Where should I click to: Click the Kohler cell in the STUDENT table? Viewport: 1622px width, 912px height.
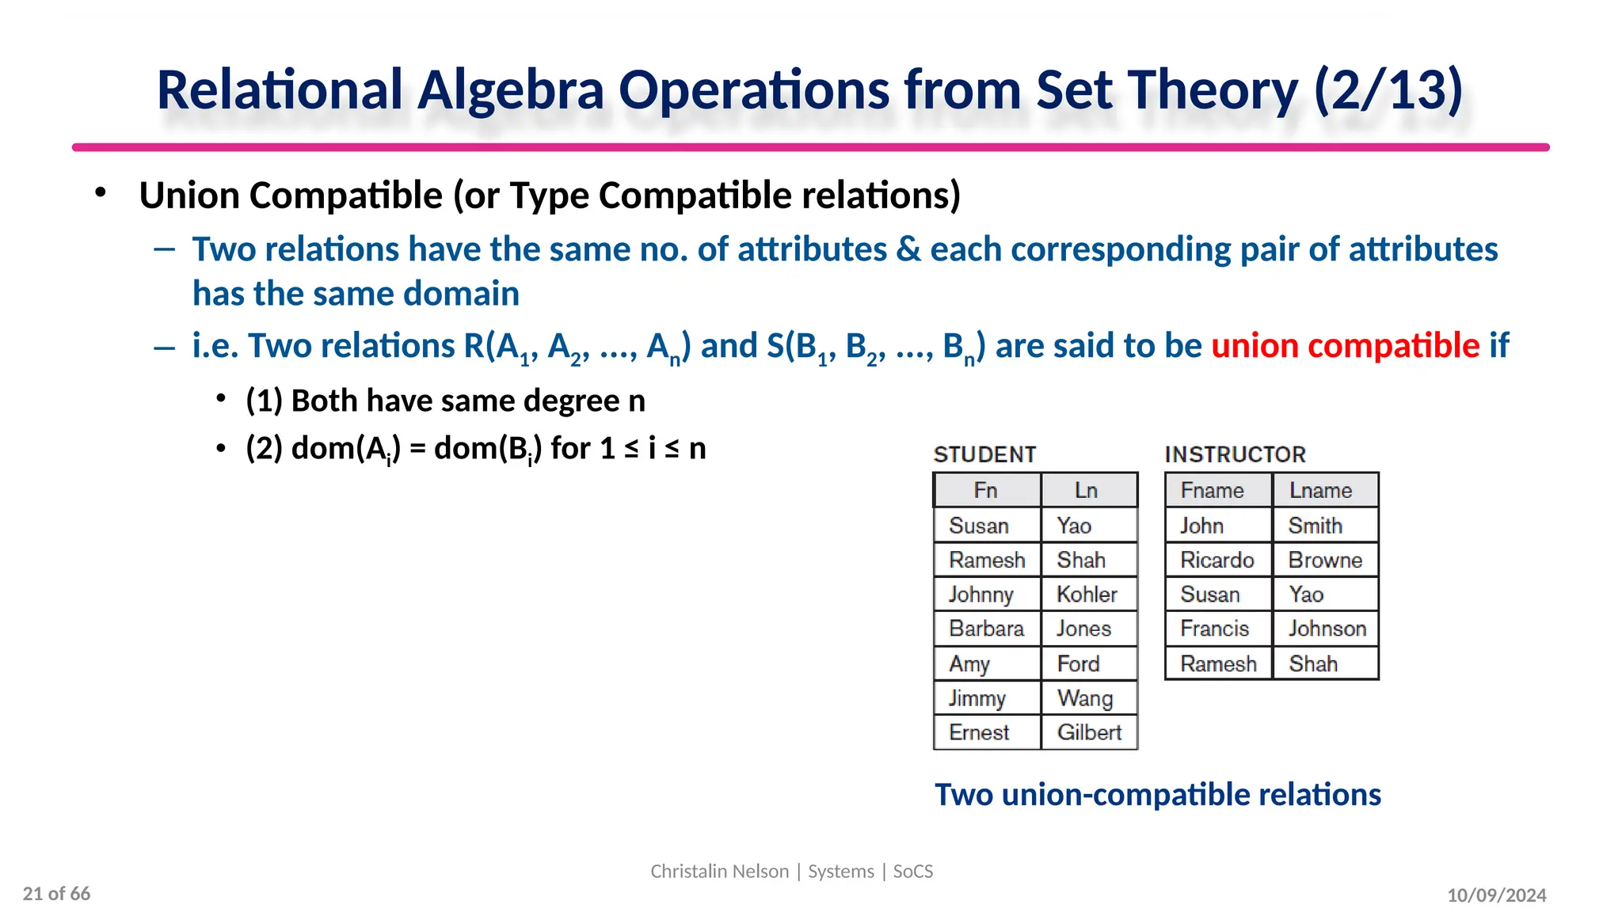pyautogui.click(x=1087, y=594)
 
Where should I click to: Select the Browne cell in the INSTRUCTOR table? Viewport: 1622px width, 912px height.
pyautogui.click(x=1324, y=560)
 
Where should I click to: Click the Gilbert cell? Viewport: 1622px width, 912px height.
pyautogui.click(x=1089, y=732)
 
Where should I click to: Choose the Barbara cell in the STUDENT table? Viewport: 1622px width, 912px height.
pyautogui.click(x=986, y=629)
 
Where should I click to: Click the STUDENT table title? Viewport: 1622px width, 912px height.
pyautogui.click(x=984, y=454)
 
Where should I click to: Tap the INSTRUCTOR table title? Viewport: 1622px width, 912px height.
pyautogui.click(x=1235, y=454)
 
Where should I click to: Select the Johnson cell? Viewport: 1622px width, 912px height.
pyautogui.click(x=1327, y=629)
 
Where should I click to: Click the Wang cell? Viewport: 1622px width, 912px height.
pyautogui.click(x=1085, y=698)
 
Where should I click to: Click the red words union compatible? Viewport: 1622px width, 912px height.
pyautogui.click(x=1345, y=346)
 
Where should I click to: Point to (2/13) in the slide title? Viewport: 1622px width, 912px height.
pyautogui.click(x=1388, y=89)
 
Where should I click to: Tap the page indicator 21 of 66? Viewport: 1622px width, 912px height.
pyautogui.click(x=56, y=894)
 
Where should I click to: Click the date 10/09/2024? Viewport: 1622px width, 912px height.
pyautogui.click(x=1496, y=895)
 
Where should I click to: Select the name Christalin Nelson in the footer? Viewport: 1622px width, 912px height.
pyautogui.click(x=719, y=871)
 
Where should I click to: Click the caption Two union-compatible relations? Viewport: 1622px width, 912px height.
pyautogui.click(x=1157, y=795)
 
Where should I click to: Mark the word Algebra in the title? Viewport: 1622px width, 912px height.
pyautogui.click(x=510, y=89)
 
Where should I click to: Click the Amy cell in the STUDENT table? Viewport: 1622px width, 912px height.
pyautogui.click(x=969, y=663)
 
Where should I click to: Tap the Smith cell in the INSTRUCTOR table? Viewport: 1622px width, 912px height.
pyautogui.click(x=1315, y=525)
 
